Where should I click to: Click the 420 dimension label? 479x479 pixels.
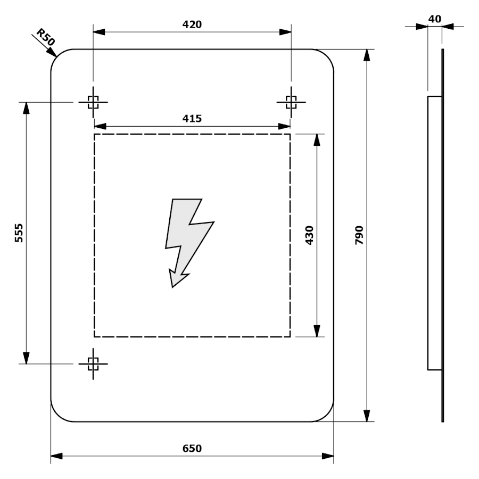192,24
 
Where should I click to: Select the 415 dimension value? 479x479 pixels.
192,118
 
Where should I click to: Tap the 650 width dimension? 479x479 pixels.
192,448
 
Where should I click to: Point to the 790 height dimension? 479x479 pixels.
359,235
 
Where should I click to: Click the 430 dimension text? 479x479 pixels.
309,235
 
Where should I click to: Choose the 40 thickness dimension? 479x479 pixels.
434,19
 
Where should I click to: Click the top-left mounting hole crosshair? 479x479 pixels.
93,102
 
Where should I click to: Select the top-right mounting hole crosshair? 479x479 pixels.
291,102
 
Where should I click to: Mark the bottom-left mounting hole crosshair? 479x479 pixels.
93,364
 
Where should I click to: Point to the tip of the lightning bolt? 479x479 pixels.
172,286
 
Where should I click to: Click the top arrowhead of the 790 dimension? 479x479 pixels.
367,55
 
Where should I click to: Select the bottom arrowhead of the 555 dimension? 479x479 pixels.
26,358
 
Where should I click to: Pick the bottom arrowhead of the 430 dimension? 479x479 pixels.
317,331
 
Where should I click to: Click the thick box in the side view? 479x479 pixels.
435,233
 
